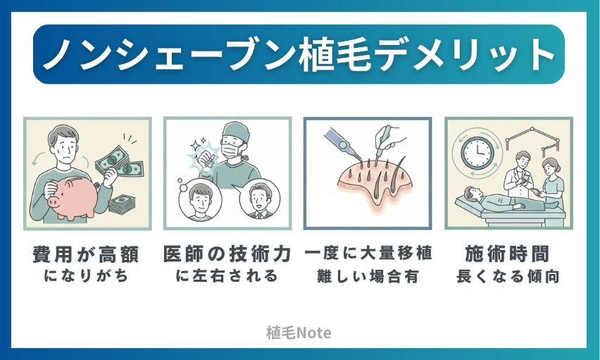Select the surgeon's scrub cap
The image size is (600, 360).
pos(236,131)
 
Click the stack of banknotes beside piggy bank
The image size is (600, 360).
pos(123,204)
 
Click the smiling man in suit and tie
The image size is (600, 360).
pos(258,200)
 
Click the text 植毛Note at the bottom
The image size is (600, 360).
pos(299,333)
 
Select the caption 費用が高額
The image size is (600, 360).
pos(86,254)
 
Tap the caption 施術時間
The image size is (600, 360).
pos(508,254)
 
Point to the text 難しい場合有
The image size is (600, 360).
pos(368,276)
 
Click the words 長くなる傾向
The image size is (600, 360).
pos(508,276)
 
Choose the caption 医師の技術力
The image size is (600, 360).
pos(227,254)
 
